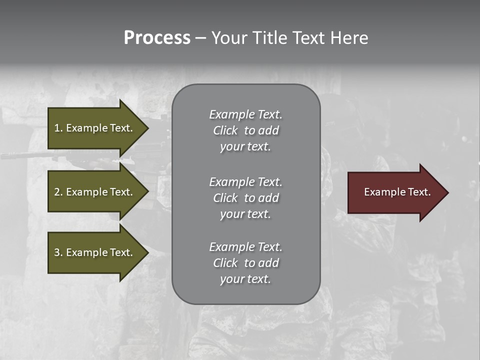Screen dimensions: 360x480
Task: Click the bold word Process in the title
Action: coord(157,38)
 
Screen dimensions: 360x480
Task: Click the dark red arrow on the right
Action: coord(395,192)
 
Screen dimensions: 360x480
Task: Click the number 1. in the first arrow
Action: coord(58,128)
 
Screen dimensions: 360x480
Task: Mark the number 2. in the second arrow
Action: coord(58,192)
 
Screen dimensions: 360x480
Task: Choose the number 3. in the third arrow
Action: coord(58,252)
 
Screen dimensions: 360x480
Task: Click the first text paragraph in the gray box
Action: coord(245,130)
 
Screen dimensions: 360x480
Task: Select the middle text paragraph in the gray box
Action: coord(245,197)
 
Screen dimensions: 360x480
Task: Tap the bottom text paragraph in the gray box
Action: coord(245,263)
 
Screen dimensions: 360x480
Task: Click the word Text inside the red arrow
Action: coord(419,192)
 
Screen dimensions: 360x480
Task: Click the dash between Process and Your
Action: coord(200,38)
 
